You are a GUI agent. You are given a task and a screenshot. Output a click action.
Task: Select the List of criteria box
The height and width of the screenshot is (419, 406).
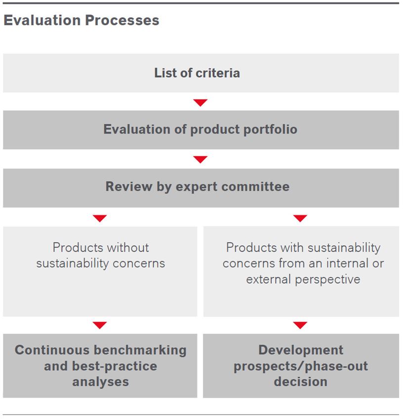click(201, 73)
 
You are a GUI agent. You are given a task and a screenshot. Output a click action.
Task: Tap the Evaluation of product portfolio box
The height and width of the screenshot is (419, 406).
click(201, 129)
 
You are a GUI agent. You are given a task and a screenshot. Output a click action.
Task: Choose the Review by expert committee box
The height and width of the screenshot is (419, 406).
click(201, 187)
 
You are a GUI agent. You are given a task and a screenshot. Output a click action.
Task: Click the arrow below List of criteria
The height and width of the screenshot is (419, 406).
click(200, 103)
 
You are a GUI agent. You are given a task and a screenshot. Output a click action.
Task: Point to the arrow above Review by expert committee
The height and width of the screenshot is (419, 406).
click(200, 159)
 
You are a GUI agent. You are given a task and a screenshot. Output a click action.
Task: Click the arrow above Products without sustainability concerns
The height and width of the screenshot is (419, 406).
click(100, 218)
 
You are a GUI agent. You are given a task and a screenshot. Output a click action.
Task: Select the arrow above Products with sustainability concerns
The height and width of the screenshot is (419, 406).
click(300, 218)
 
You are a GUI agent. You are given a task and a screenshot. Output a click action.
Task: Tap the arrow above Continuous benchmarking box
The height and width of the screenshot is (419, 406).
click(100, 325)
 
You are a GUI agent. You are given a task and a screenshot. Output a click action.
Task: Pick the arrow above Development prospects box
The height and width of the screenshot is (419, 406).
click(300, 325)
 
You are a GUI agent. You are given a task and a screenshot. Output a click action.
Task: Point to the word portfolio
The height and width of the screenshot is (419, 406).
click(271, 129)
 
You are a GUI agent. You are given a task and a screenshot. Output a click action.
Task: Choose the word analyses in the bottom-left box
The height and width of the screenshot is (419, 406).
click(100, 381)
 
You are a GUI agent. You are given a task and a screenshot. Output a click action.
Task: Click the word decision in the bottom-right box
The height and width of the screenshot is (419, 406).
click(300, 381)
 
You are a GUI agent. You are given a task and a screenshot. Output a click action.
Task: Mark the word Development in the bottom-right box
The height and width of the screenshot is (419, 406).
click(300, 350)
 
